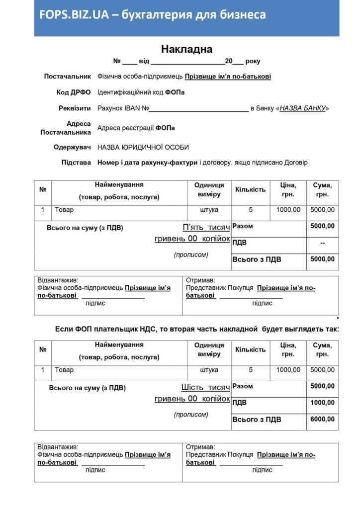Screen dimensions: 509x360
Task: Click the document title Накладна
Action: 186,49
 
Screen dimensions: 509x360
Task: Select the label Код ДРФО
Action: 74,92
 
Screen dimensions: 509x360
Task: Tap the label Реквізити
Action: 75,108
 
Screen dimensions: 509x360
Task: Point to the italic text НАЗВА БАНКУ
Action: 302,108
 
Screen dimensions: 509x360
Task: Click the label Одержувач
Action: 72,147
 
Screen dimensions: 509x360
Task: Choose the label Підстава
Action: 76,163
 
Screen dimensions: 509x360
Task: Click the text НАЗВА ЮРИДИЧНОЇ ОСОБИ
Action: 143,148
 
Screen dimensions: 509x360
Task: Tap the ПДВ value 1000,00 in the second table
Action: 322,403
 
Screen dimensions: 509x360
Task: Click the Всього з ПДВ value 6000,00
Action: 322,420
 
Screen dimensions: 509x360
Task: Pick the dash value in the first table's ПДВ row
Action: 322,243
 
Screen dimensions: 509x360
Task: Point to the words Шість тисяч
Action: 205,388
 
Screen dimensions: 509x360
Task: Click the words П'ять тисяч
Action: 206,228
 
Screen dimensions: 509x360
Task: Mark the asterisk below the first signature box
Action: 338,319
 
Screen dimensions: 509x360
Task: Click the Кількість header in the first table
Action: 250,189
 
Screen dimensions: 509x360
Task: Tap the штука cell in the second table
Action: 209,370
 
